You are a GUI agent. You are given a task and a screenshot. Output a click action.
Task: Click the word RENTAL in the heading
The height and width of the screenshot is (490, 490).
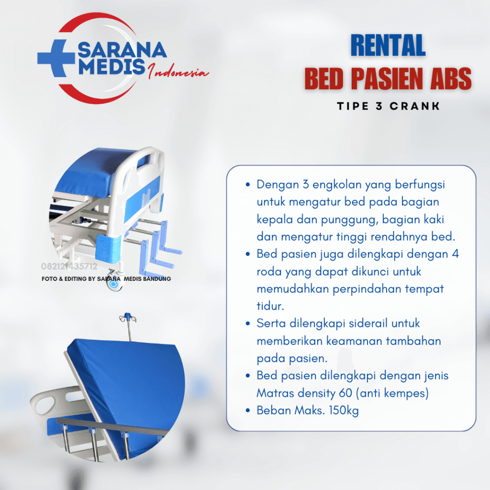[x=388, y=46]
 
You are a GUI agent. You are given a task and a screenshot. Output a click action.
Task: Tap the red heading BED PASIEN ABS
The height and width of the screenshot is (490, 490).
[x=388, y=79]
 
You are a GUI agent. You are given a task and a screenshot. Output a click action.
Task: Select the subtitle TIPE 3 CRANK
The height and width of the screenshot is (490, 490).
[x=388, y=106]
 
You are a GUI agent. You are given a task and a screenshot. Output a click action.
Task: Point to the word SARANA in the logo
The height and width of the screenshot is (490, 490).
[x=122, y=49]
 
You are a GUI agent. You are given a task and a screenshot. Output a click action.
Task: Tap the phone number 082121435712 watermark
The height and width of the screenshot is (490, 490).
[x=69, y=267]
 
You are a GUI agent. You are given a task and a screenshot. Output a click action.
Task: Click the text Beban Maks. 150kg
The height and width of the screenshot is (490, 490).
[x=307, y=410]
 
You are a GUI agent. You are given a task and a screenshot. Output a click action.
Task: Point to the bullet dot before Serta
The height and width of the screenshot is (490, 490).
[x=247, y=323]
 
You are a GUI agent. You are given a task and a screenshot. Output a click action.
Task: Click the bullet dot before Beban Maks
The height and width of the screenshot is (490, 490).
[x=247, y=410]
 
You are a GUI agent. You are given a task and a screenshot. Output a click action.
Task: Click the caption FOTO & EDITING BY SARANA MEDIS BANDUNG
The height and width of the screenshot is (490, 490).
[x=106, y=278]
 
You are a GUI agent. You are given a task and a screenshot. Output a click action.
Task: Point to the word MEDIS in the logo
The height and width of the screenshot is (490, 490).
[x=111, y=67]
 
